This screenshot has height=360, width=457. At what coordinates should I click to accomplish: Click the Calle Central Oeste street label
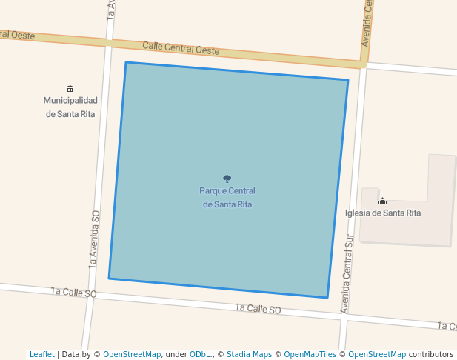(x=181, y=47)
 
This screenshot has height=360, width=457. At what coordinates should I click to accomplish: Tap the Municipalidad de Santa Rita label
(x=70, y=107)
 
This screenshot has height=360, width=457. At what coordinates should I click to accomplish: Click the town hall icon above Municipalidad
(x=70, y=89)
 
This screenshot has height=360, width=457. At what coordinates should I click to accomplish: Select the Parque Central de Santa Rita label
(x=227, y=197)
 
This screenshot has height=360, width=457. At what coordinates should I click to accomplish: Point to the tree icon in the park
(x=227, y=179)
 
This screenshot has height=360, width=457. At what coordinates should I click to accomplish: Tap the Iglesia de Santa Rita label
(x=383, y=213)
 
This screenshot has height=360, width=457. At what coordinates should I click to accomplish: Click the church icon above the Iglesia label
(x=383, y=201)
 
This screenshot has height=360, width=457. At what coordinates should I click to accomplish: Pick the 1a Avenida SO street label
(x=94, y=238)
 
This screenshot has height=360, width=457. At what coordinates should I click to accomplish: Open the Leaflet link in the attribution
(x=41, y=354)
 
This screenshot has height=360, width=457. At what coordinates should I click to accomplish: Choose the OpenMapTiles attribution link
(x=310, y=354)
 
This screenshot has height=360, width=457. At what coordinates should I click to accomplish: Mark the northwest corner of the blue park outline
(x=126, y=63)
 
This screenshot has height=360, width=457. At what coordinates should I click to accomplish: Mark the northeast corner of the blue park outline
(x=347, y=80)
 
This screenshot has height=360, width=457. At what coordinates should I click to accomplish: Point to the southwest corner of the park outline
(x=110, y=278)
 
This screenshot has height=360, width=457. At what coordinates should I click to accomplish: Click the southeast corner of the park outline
(x=327, y=297)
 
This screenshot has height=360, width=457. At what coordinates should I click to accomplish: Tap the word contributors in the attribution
(x=431, y=354)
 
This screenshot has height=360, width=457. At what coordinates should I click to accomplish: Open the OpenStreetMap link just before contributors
(x=377, y=354)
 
